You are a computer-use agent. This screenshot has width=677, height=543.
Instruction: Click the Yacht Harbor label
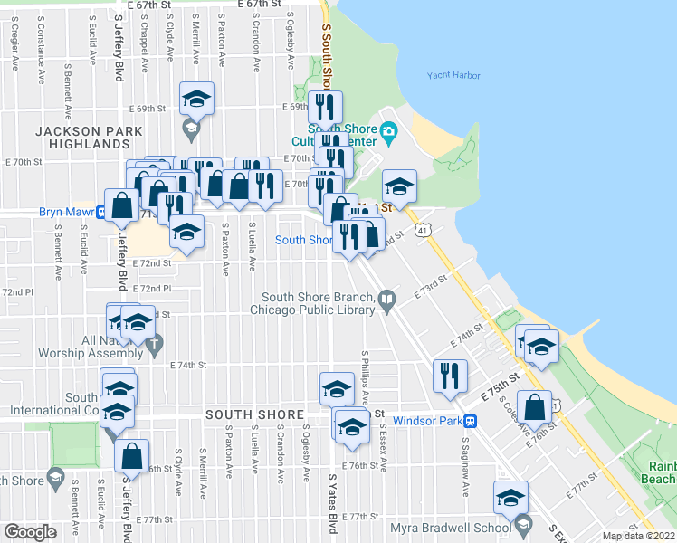(x=454, y=76)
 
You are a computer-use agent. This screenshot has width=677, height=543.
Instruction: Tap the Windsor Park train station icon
(x=471, y=422)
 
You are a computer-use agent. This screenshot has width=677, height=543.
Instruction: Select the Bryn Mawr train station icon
(x=102, y=214)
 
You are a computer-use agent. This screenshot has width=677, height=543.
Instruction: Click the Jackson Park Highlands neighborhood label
(x=90, y=138)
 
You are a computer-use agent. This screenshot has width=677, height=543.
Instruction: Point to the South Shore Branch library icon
(x=387, y=298)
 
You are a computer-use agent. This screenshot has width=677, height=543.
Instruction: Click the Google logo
(x=30, y=531)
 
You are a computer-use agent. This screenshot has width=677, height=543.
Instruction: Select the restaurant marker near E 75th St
(x=450, y=375)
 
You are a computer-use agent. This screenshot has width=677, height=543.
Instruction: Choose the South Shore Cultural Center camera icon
(x=388, y=132)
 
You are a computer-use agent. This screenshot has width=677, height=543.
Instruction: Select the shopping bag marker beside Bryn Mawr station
(x=122, y=205)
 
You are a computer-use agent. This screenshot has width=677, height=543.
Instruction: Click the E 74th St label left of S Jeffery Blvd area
(x=190, y=365)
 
